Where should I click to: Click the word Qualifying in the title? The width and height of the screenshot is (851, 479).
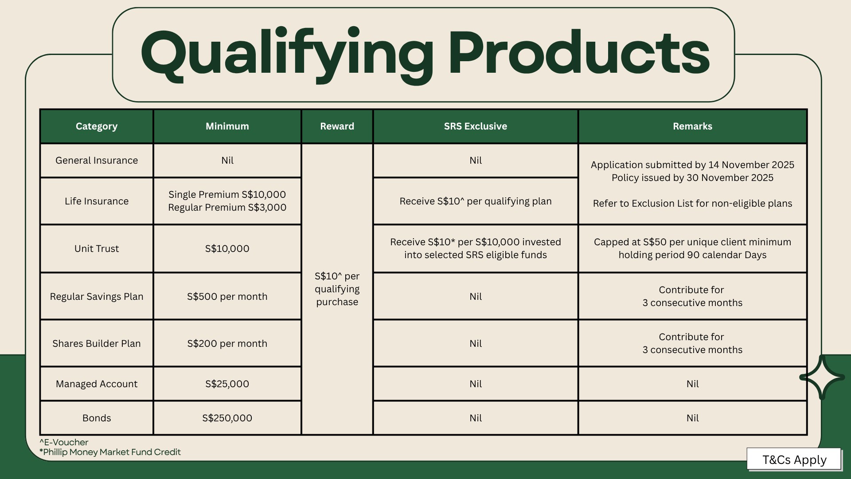(x=287, y=55)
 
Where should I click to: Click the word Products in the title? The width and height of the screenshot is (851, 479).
(x=580, y=52)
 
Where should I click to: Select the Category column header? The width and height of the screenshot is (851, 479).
(x=97, y=126)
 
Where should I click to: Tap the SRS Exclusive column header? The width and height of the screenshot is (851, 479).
(x=476, y=126)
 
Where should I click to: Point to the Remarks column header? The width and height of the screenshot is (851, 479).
(x=692, y=126)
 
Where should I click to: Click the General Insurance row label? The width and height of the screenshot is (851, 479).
(x=97, y=161)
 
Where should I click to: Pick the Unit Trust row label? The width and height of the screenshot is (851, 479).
(x=97, y=249)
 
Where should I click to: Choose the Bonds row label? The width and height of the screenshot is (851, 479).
(x=97, y=418)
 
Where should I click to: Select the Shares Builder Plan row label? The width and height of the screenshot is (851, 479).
(x=97, y=344)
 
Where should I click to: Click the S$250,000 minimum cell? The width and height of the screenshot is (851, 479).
(x=227, y=418)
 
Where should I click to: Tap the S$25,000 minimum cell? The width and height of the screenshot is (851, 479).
(x=227, y=384)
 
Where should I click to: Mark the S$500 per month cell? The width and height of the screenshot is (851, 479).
(x=227, y=297)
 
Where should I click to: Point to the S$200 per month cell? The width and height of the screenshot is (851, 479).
(x=227, y=344)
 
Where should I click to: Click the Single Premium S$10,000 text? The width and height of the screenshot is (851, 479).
(x=227, y=195)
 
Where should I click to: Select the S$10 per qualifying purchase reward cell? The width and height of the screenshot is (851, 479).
(x=337, y=289)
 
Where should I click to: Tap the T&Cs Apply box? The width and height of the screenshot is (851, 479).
(x=794, y=459)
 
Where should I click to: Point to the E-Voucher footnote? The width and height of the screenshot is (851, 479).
(x=64, y=443)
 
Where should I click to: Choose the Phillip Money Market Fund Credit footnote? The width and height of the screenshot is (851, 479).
(x=110, y=452)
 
